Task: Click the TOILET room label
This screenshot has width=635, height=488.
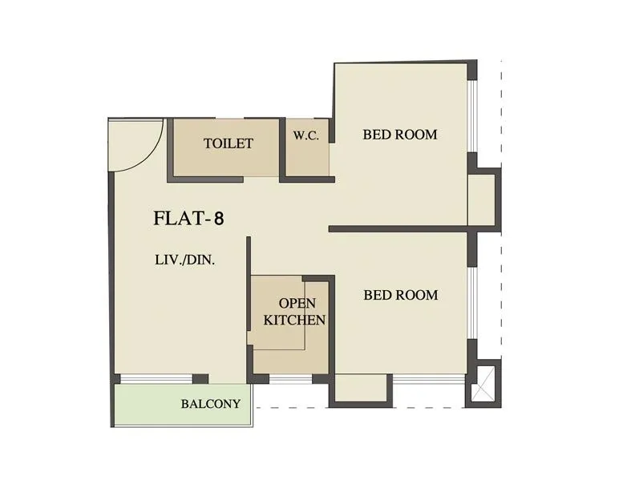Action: point(229,144)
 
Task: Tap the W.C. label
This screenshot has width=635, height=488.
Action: point(306,136)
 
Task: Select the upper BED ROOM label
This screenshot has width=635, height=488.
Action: point(400,135)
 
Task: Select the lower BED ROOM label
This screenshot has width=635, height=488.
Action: point(401,295)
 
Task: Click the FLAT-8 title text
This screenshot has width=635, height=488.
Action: point(188,218)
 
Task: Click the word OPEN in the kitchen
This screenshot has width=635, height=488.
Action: point(297,303)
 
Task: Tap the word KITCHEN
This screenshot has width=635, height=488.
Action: point(294,320)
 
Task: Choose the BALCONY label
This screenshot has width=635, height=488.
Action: point(210,404)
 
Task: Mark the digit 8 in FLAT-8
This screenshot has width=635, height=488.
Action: point(216,218)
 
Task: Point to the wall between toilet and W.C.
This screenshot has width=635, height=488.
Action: point(281,148)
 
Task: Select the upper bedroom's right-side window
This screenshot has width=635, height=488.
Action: point(471,116)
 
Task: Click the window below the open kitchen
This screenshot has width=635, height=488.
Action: point(289,379)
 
